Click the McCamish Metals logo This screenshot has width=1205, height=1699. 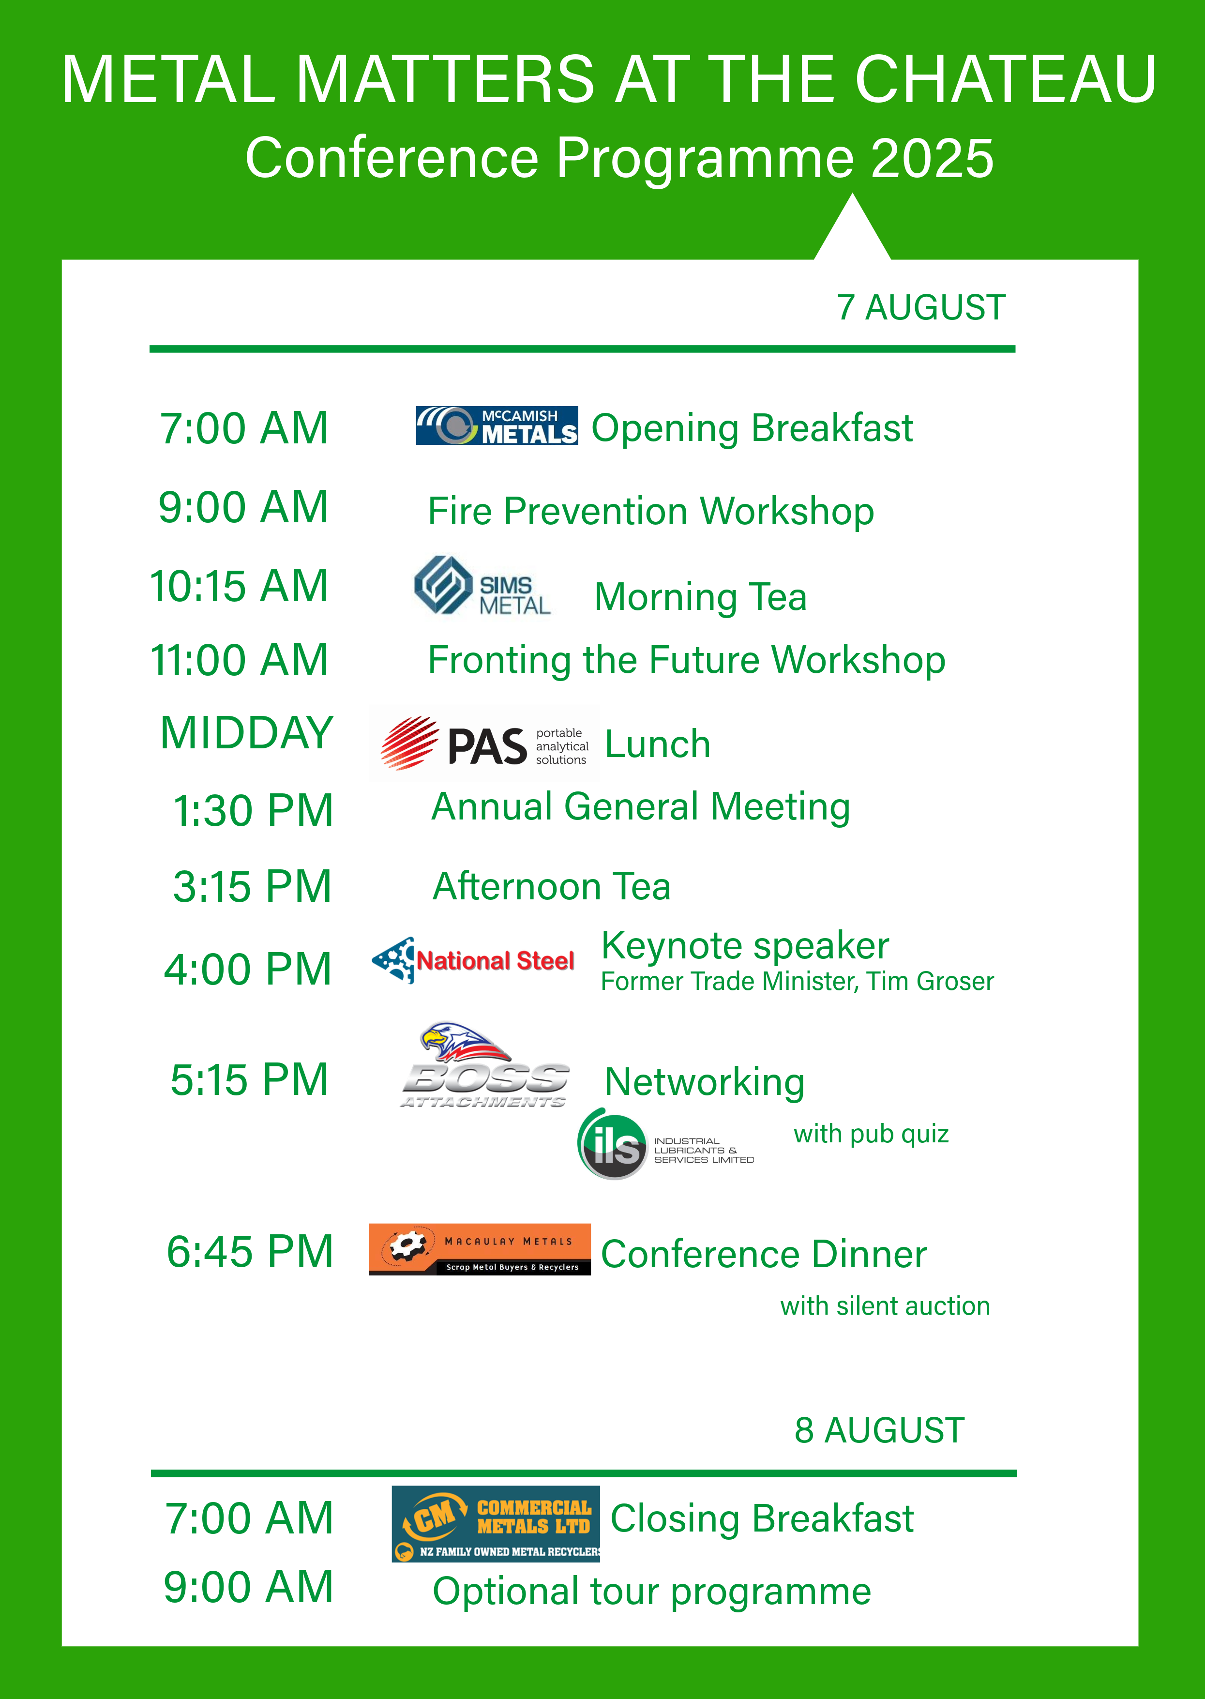click(x=497, y=425)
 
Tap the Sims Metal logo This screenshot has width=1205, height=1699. click(x=482, y=586)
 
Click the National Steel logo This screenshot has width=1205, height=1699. click(x=473, y=960)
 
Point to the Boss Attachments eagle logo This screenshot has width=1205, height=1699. click(x=484, y=1065)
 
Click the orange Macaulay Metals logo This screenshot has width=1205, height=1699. click(x=479, y=1249)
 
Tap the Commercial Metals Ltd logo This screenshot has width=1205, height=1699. click(x=496, y=1524)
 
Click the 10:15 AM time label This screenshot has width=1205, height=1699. click(x=239, y=586)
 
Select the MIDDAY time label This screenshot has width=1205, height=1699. click(x=246, y=732)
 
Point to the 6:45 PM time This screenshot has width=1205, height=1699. click(x=250, y=1251)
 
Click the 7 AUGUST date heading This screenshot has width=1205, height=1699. click(x=921, y=307)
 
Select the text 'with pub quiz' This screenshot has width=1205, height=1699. click(x=871, y=1134)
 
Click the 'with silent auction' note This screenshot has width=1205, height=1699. click(x=885, y=1305)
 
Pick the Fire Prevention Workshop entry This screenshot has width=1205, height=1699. click(x=651, y=512)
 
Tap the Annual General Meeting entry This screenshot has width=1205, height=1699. click(x=640, y=807)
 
